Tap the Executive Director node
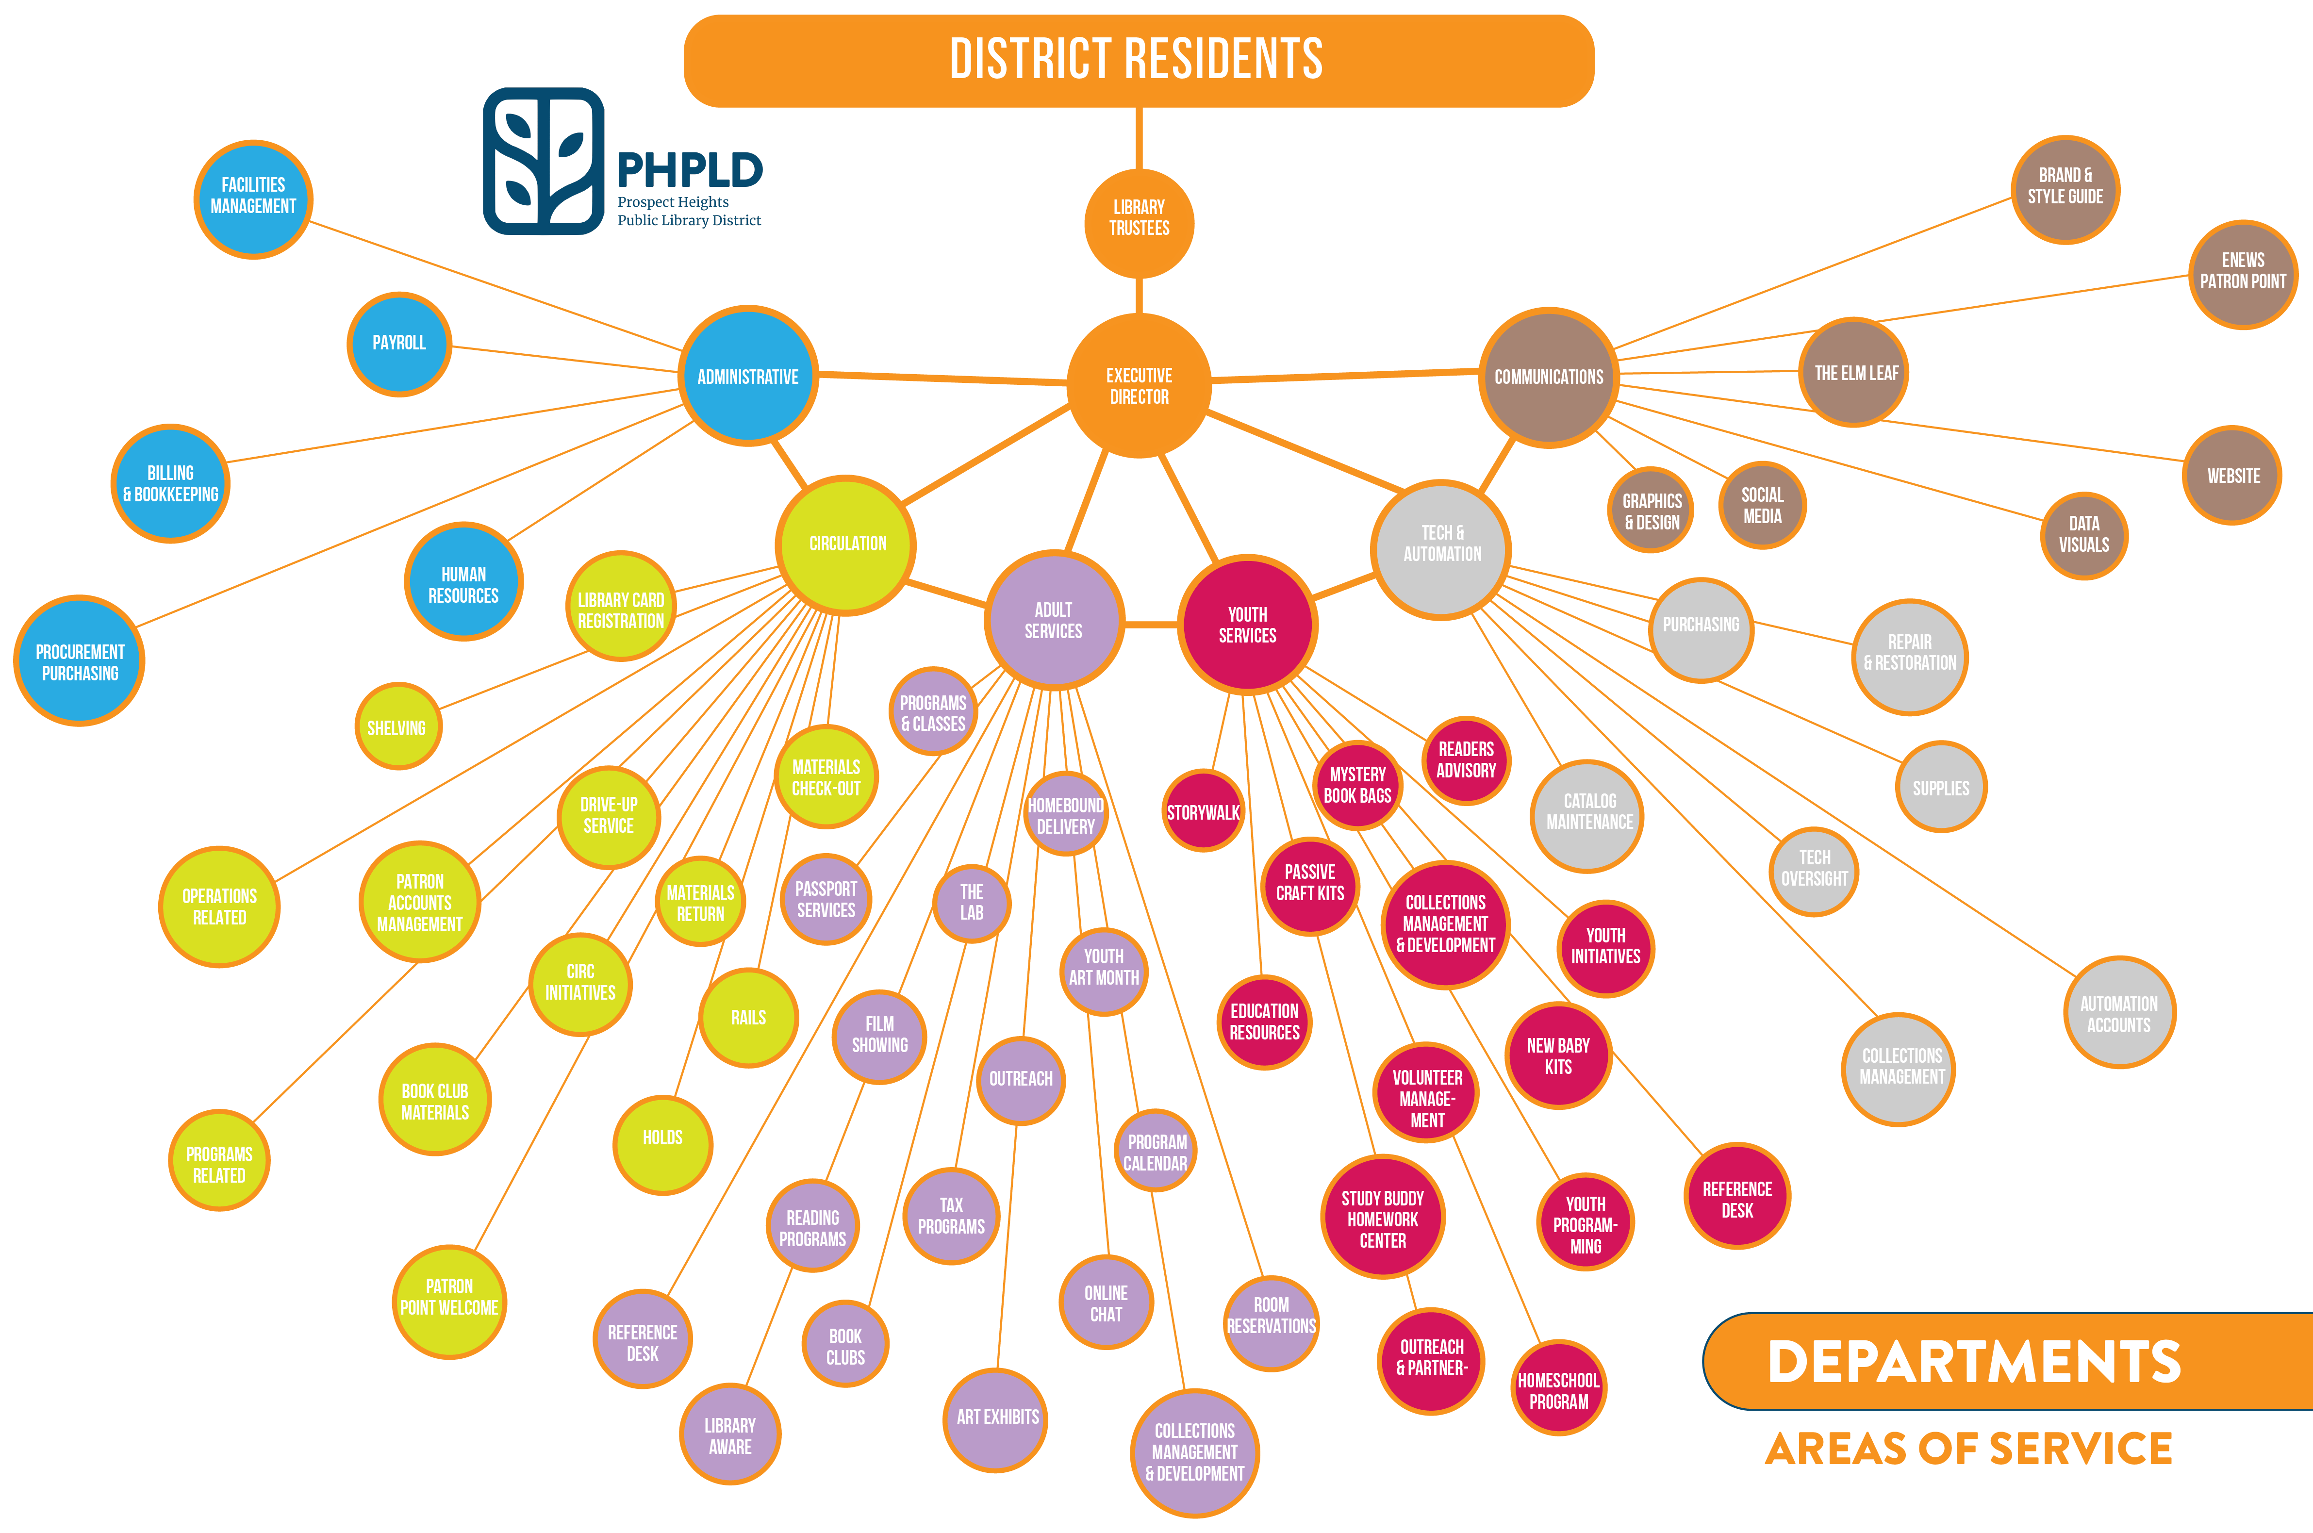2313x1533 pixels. (1139, 385)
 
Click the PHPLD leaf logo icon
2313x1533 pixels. (544, 161)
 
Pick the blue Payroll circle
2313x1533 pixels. (399, 343)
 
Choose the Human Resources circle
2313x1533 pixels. (463, 584)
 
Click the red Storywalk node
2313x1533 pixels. (1204, 811)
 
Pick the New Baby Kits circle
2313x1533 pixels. (1558, 1056)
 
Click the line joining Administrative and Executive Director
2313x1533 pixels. (943, 379)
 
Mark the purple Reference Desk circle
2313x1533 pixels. (642, 1341)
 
